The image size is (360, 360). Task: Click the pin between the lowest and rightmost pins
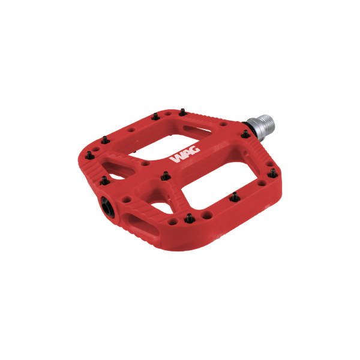click(x=235, y=196)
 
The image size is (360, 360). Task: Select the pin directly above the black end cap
click(x=103, y=180)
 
